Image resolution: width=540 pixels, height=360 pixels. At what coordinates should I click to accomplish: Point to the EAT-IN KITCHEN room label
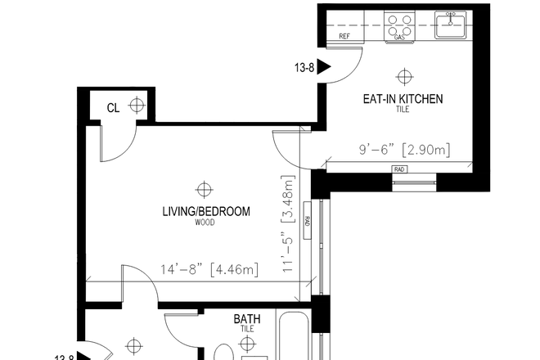[x=403, y=99]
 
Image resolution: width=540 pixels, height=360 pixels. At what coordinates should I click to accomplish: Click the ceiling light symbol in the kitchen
[x=403, y=76]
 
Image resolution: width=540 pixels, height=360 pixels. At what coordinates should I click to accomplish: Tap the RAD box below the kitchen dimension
[x=400, y=169]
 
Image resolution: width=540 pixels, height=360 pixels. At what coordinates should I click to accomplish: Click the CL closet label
[x=113, y=106]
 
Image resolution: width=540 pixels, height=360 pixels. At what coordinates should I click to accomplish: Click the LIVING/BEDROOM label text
[x=206, y=211]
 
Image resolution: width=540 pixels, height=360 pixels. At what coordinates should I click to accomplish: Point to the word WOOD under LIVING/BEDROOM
[x=205, y=223]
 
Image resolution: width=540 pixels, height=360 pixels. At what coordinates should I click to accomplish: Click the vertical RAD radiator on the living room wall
[x=307, y=220]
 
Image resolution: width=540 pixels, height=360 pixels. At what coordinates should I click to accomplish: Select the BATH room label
[x=247, y=319]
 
